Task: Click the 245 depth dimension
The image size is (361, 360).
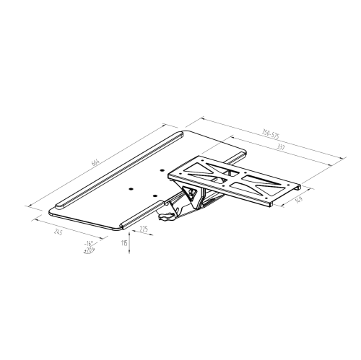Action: tap(58, 233)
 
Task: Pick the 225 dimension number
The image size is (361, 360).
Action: tap(144, 229)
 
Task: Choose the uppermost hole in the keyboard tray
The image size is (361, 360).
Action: tap(160, 169)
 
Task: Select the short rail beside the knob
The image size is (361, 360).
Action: tap(143, 213)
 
